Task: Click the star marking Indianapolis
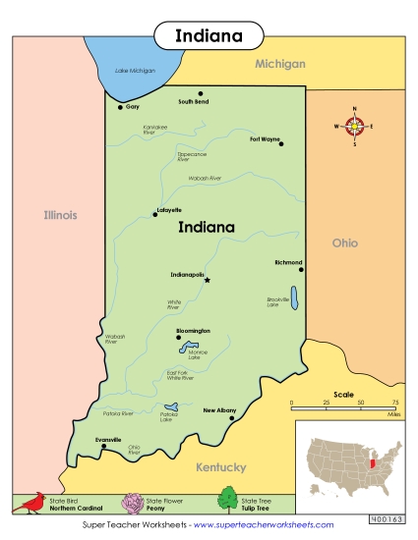point(207,280)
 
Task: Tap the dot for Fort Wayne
point(281,144)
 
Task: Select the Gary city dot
point(120,107)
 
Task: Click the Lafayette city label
point(168,210)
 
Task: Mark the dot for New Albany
point(231,418)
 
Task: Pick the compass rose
point(355,126)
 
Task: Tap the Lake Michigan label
point(135,71)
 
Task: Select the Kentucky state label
point(220,467)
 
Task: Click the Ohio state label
point(345,243)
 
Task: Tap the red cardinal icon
point(31,503)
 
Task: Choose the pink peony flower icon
point(132,503)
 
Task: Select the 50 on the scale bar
point(361,404)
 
